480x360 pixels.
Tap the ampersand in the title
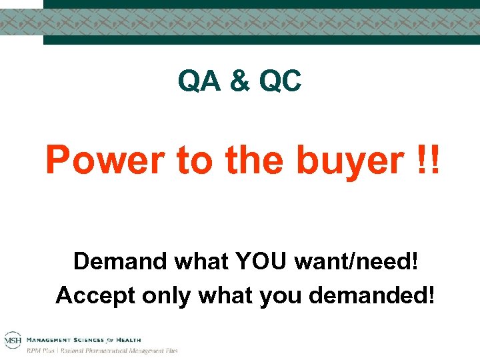point(239,82)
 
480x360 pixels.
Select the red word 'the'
point(254,161)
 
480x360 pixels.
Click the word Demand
point(120,261)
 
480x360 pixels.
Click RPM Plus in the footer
point(39,350)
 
